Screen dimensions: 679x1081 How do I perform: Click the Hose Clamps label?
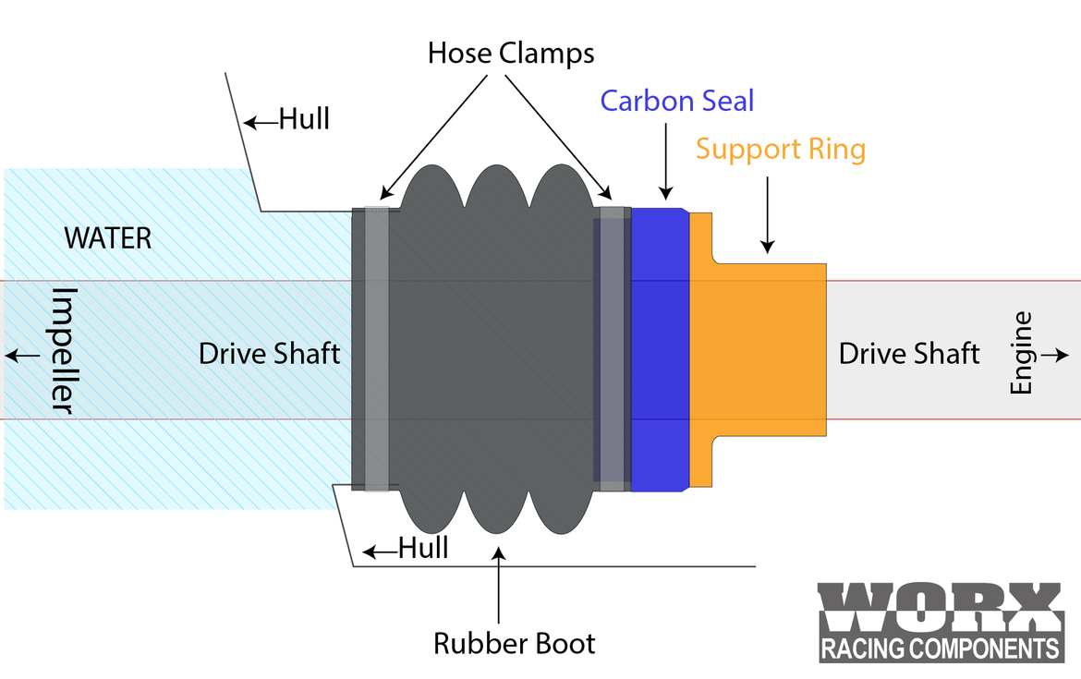coord(511,53)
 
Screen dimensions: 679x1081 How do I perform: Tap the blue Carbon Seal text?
coord(677,100)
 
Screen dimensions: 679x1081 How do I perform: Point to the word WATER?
coord(107,238)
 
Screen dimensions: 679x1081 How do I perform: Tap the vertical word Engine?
coord(1021,354)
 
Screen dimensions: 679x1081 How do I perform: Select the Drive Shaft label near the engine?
coord(909,353)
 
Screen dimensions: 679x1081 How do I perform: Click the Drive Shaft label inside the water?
coord(270,353)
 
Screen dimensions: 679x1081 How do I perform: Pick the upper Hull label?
coord(304,119)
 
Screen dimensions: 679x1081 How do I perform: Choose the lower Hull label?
coord(423,549)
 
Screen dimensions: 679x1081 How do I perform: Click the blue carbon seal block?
coord(660,349)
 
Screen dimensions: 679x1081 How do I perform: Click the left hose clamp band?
coord(377,348)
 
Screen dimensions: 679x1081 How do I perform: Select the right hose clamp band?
coord(613,348)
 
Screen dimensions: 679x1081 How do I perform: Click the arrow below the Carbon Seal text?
coord(664,157)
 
